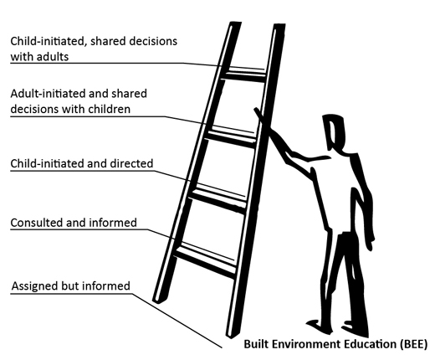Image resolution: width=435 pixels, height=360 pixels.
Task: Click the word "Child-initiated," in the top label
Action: [x=48, y=41]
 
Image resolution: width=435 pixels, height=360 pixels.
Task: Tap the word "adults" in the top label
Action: [x=53, y=57]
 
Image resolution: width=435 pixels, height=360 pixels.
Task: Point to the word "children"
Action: [x=110, y=109]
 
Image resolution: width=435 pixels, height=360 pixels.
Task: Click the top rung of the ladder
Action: [x=244, y=75]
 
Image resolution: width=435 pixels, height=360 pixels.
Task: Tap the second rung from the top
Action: [x=231, y=136]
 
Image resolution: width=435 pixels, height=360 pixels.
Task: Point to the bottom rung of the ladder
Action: [x=205, y=261]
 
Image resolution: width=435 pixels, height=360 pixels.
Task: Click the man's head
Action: [x=334, y=131]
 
